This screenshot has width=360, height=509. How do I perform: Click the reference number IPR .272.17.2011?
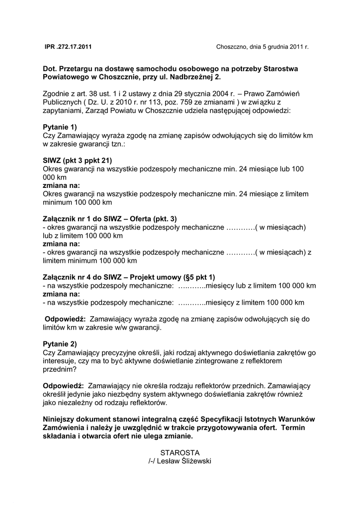pos(68,47)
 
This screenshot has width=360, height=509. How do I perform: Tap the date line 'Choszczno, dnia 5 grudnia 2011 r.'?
pos(262,47)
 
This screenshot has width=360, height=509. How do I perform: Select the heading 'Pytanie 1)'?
pos(60,127)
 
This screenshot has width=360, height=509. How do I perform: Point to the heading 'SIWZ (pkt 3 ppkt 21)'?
pos(78,161)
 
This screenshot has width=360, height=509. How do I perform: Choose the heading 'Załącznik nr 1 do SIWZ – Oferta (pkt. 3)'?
pos(110,219)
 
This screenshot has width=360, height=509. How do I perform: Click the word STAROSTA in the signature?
pos(180,453)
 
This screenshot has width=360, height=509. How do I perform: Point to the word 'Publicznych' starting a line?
pos(61,102)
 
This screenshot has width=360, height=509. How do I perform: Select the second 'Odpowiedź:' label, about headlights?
pos(63,386)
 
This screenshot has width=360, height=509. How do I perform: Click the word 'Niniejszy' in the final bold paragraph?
pos(60,420)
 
